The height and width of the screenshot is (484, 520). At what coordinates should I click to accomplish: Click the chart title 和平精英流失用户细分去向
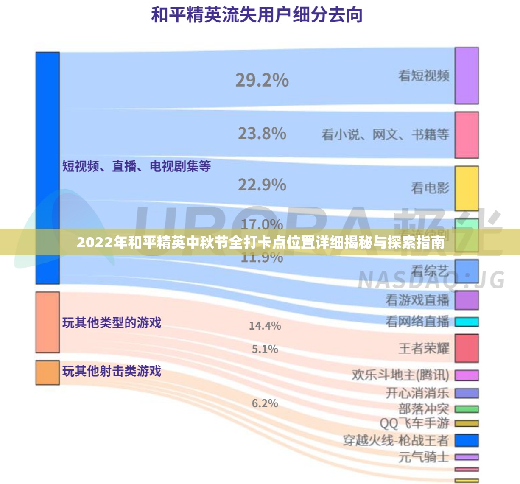tap(257, 15)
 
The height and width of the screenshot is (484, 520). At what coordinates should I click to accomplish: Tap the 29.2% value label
tap(262, 80)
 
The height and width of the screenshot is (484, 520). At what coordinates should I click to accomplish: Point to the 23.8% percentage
tap(262, 134)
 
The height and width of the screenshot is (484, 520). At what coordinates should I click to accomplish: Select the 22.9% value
tap(262, 185)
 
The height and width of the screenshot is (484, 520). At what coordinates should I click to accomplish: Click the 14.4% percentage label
tap(265, 326)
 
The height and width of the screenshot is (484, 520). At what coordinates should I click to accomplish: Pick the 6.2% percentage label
tap(265, 403)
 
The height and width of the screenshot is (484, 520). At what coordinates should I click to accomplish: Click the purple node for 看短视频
tap(467, 76)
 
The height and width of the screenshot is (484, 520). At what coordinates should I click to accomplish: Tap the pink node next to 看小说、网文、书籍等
tap(467, 135)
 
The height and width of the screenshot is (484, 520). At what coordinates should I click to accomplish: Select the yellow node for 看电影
tap(467, 188)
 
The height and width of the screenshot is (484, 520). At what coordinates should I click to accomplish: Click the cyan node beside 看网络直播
tap(467, 322)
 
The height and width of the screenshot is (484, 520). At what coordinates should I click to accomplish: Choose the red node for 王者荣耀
tap(467, 348)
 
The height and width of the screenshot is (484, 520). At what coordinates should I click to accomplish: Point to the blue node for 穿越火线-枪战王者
tap(467, 440)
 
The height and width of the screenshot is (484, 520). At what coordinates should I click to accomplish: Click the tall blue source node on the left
tap(47, 168)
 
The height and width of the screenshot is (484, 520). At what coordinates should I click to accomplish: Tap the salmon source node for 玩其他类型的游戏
tap(47, 322)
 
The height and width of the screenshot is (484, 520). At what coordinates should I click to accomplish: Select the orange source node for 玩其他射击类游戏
tap(47, 372)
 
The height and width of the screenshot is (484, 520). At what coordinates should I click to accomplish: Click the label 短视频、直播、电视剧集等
tap(136, 166)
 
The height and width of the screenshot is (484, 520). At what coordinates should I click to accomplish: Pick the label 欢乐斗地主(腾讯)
tap(400, 375)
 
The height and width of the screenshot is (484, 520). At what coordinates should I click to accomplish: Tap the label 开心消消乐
tap(417, 393)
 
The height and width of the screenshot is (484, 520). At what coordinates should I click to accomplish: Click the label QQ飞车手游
tap(414, 423)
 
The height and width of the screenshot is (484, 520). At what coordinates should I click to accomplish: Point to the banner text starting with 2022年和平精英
tap(260, 243)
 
